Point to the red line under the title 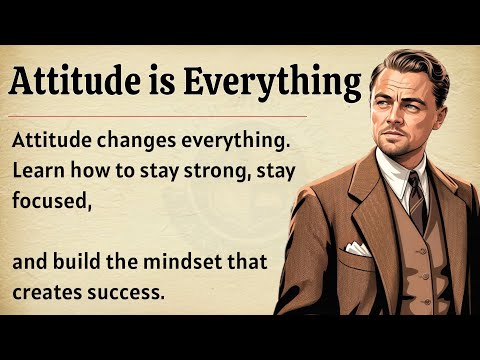click(180, 116)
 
